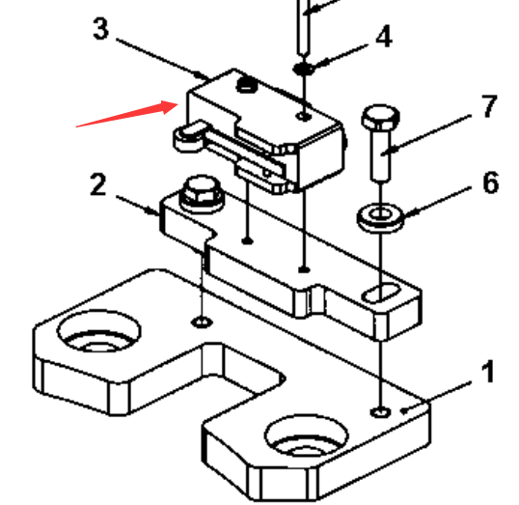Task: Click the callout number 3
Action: click(101, 29)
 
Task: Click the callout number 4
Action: click(384, 36)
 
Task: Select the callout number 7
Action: click(489, 106)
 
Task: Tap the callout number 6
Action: click(490, 182)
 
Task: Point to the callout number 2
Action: click(98, 184)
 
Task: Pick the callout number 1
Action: click(487, 372)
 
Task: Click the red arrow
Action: click(127, 114)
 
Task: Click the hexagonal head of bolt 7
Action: click(381, 117)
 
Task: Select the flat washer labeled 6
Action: click(381, 217)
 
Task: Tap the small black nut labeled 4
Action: click(304, 69)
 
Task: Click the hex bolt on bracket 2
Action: click(202, 193)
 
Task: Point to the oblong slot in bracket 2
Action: click(381, 293)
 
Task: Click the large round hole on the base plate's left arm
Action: click(99, 331)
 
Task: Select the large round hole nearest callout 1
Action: click(307, 435)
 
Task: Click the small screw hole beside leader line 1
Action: click(381, 412)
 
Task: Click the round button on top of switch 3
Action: click(247, 85)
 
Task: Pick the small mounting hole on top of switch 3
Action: click(304, 116)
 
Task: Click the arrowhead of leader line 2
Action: click(154, 210)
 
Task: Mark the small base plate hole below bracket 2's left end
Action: click(202, 322)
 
